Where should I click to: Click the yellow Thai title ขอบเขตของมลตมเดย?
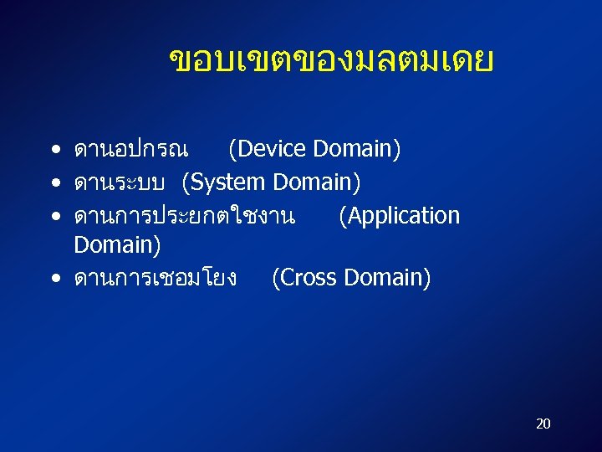[x=331, y=61]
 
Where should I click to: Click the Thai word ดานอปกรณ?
[x=130, y=151]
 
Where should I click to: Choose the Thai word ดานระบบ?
[x=121, y=182]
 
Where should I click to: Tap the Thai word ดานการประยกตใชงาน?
[x=184, y=216]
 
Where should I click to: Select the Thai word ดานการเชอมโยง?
[x=156, y=278]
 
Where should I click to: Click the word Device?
[x=268, y=150]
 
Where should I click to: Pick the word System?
[x=227, y=182]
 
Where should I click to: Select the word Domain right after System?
[x=322, y=182]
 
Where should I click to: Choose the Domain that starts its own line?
[x=117, y=245]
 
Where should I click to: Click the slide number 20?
[x=543, y=424]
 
